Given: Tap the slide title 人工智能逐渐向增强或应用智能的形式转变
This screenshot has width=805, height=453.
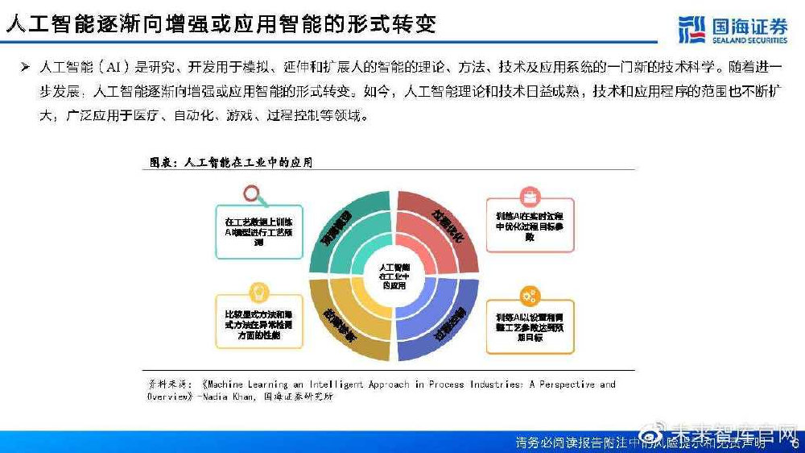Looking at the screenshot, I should [221, 23].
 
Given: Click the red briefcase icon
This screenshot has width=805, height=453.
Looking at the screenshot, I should [530, 195].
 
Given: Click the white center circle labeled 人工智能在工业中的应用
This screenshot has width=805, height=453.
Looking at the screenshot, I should [394, 275].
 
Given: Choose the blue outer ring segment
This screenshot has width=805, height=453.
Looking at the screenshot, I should [445, 326].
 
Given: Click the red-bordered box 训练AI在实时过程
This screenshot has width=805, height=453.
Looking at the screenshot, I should [530, 227].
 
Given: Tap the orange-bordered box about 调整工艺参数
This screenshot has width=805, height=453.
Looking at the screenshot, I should [530, 326].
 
